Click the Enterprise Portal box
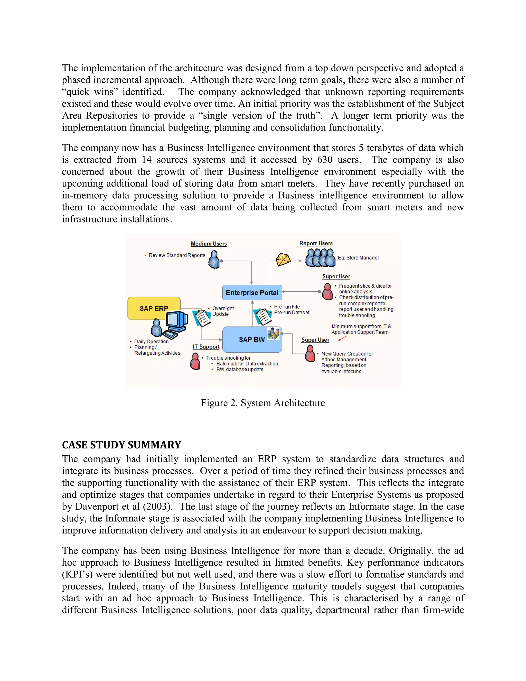pyautogui.click(x=252, y=292)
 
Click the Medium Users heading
pyautogui.click(x=209, y=244)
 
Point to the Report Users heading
pyautogui.click(x=316, y=243)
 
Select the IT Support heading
pyautogui.click(x=206, y=347)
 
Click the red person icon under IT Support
pyautogui.click(x=195, y=361)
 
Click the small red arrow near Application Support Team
pyautogui.click(x=342, y=338)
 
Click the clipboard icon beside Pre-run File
pyautogui.click(x=263, y=317)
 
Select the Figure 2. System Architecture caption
pyautogui.click(x=263, y=403)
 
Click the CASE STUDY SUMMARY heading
pyautogui.click(x=121, y=445)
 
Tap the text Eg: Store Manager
pyautogui.click(x=358, y=257)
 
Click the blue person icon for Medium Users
pyautogui.click(x=214, y=260)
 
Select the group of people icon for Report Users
pyautogui.click(x=320, y=257)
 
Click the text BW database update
pyautogui.click(x=240, y=369)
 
